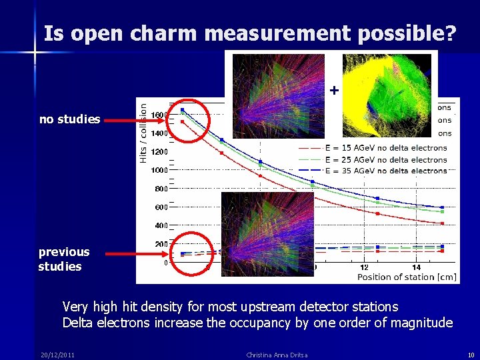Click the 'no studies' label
[69, 119]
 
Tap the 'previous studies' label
[63, 259]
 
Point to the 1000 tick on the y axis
[159, 170]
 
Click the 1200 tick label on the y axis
[159, 151]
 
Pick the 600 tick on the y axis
[161, 207]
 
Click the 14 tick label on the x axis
[416, 267]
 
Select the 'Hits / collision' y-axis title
[143, 131]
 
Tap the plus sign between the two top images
[334, 89]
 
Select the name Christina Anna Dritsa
[277, 355]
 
